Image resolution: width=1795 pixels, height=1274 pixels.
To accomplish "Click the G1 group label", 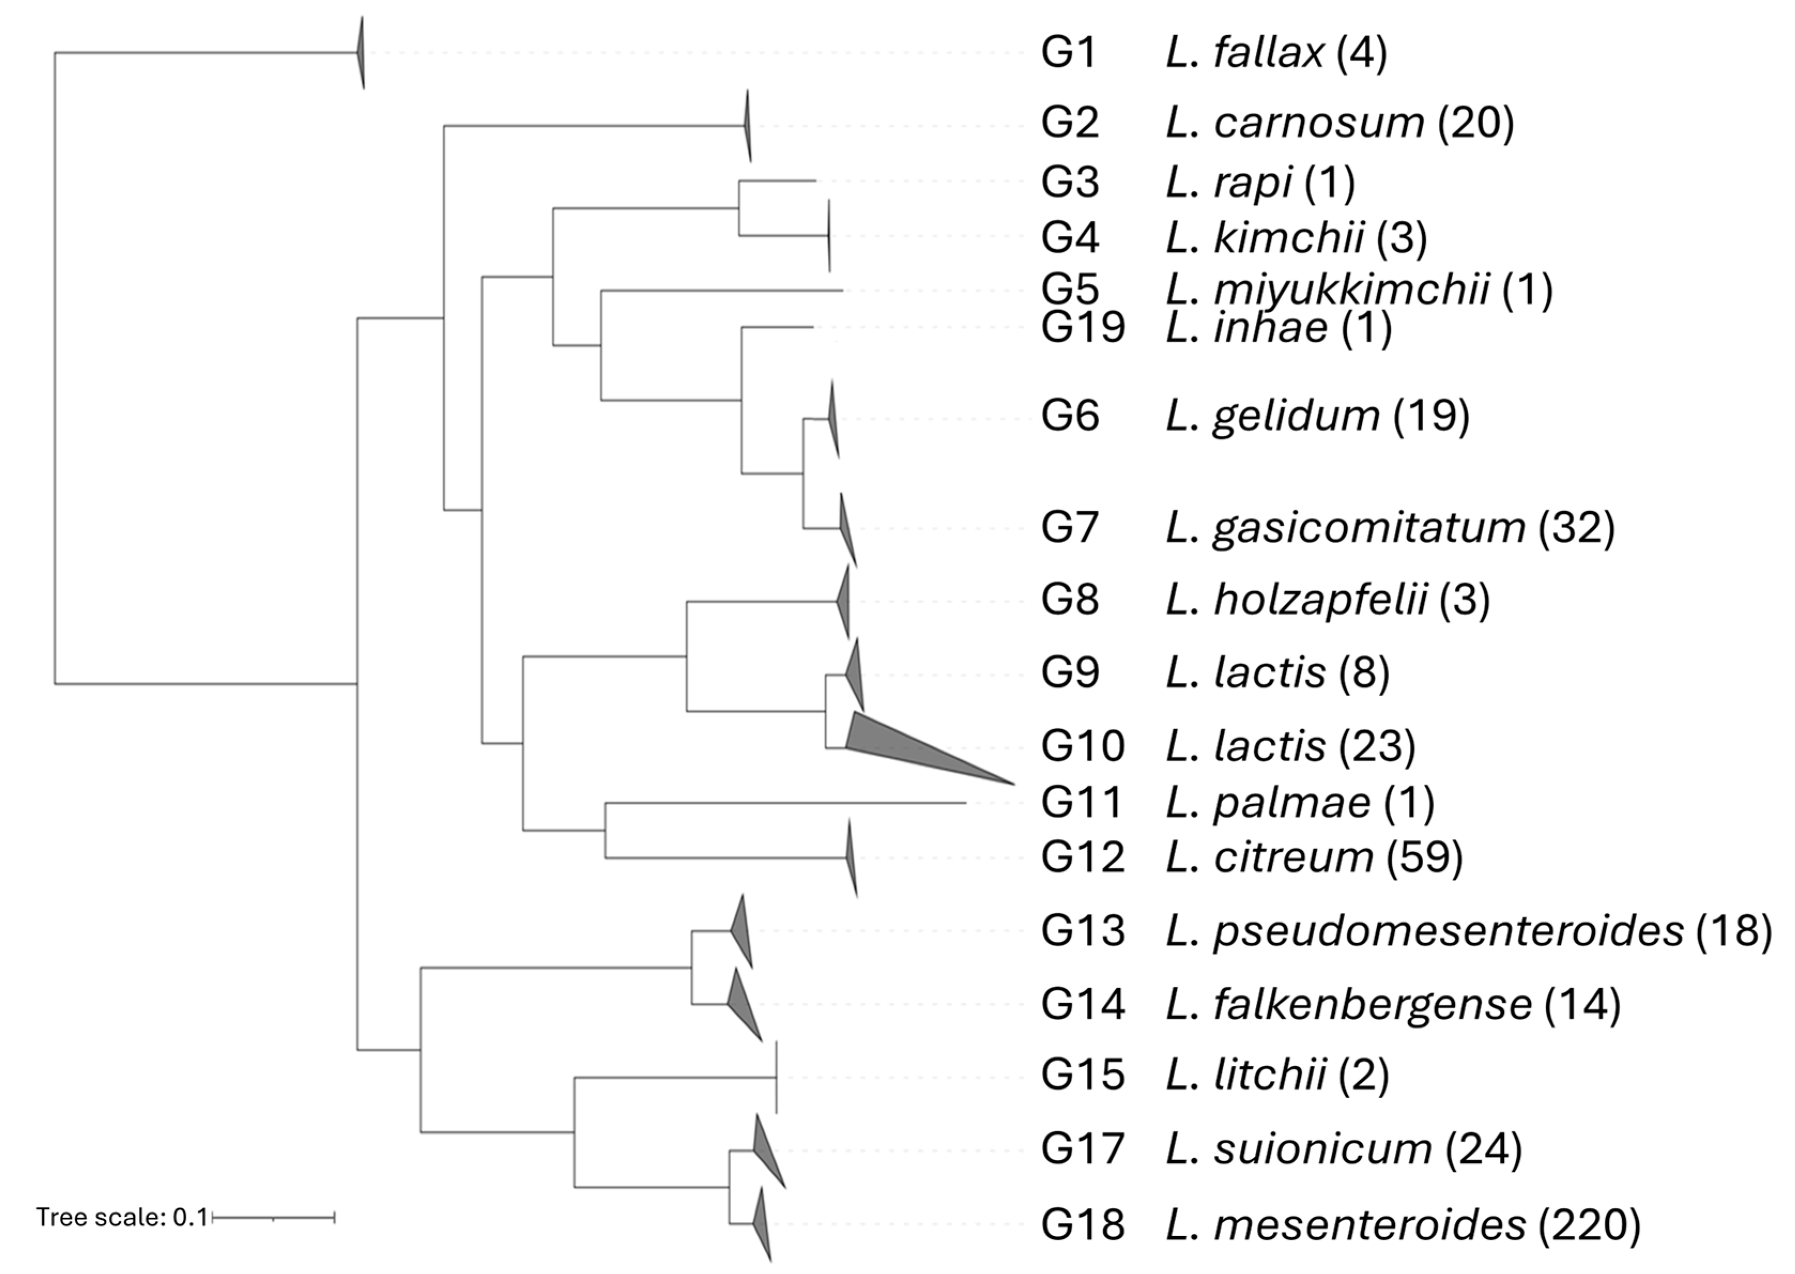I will click(x=1069, y=53).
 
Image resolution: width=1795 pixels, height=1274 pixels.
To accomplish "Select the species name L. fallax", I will click(x=1245, y=53).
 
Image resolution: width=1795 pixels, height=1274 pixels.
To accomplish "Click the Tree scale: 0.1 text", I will click(x=121, y=1217).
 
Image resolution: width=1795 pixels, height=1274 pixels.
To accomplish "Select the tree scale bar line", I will click(x=273, y=1217).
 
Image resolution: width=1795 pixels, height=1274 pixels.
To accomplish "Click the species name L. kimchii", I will click(x=1265, y=237).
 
